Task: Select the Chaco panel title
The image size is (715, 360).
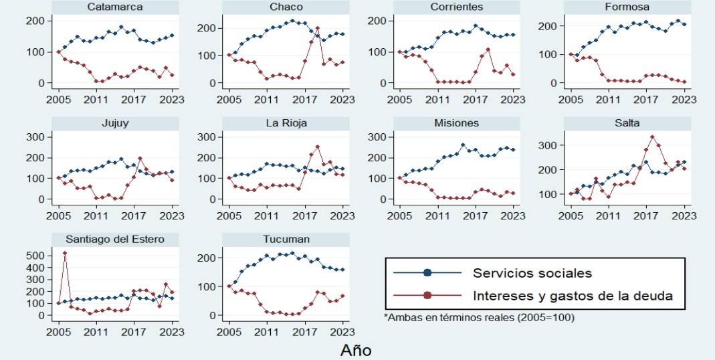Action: click(287, 7)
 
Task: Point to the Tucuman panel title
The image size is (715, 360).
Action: click(287, 240)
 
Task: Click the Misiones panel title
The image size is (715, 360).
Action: click(457, 123)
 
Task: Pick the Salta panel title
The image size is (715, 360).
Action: click(628, 123)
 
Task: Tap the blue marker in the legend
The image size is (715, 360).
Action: click(428, 273)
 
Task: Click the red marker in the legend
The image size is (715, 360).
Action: click(428, 294)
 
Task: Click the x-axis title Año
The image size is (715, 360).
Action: click(356, 350)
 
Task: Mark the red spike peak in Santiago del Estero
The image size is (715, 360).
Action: click(65, 253)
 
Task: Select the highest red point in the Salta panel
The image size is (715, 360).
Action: click(652, 137)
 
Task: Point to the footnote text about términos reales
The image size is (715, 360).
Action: click(479, 318)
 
